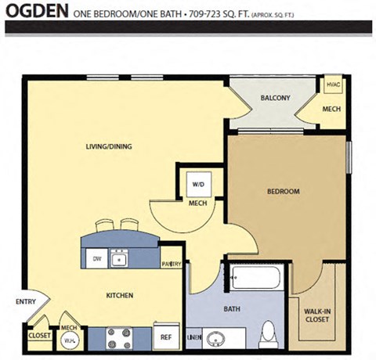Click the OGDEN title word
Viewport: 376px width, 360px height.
click(x=36, y=13)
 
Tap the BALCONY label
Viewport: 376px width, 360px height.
click(x=275, y=98)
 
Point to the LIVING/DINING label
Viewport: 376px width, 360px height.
click(x=108, y=146)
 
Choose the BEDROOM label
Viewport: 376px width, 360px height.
click(x=283, y=191)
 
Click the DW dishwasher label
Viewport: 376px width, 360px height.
click(x=96, y=257)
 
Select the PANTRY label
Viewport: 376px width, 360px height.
click(x=172, y=265)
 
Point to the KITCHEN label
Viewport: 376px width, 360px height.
click(x=120, y=296)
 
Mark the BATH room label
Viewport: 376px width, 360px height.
click(x=232, y=309)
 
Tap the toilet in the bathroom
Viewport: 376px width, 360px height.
click(x=268, y=333)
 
